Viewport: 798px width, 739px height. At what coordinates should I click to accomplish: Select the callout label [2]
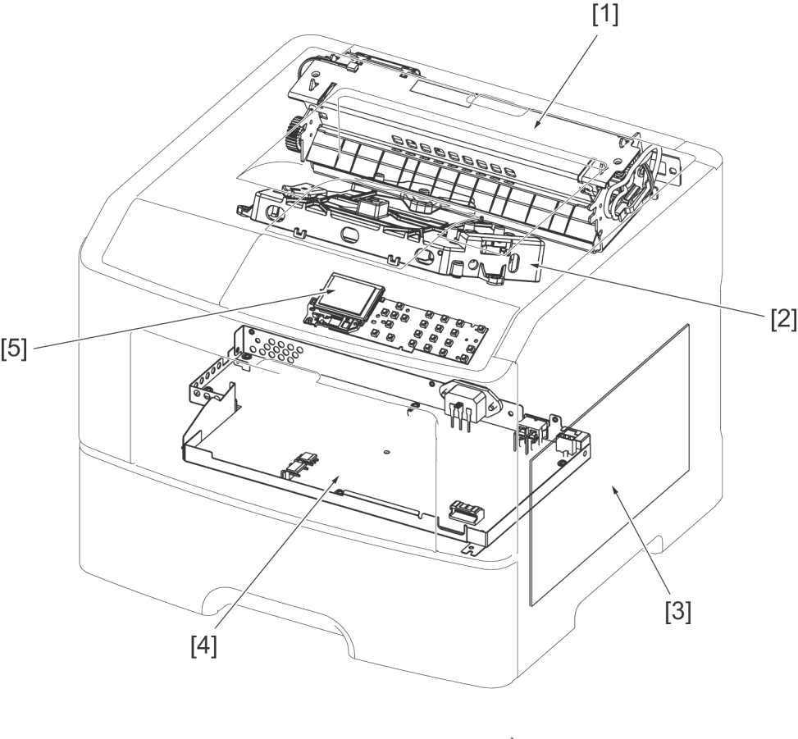(783, 320)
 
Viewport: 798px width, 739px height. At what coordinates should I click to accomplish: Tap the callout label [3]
(678, 611)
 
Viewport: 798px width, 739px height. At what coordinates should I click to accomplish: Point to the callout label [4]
(203, 646)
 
